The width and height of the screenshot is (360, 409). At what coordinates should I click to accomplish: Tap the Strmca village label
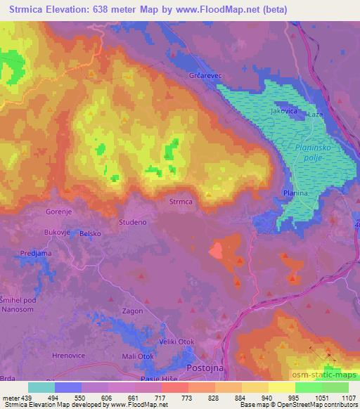[x=181, y=202]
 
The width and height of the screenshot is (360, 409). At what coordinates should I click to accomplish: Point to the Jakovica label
[x=285, y=112]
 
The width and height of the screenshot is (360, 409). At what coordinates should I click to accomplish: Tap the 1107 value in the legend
[x=347, y=398]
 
